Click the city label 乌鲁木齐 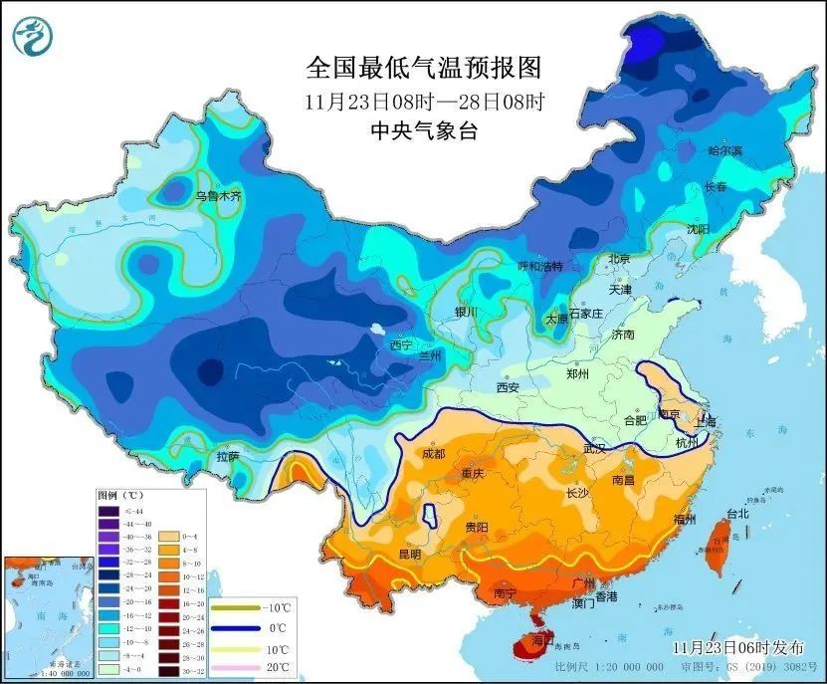click(x=218, y=197)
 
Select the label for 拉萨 click(x=228, y=457)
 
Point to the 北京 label click(x=619, y=259)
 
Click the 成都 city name click(x=433, y=453)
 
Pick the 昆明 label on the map click(x=409, y=553)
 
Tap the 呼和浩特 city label click(x=540, y=267)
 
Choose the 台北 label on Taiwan click(x=737, y=515)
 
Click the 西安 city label click(x=509, y=387)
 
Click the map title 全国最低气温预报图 click(x=425, y=68)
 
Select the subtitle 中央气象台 click(x=424, y=130)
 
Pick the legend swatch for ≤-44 click(x=106, y=511)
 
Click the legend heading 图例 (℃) click(x=121, y=495)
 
